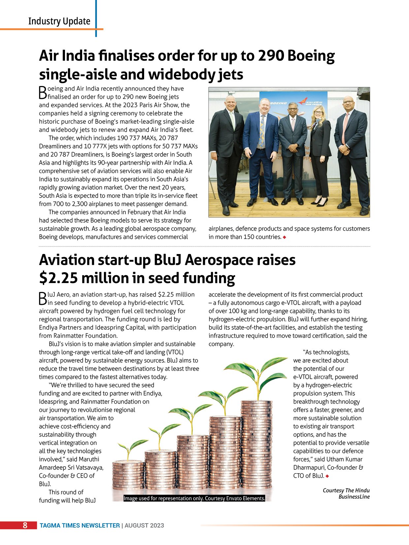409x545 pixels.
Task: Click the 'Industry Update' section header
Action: [59, 21]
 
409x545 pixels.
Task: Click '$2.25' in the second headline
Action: [58, 278]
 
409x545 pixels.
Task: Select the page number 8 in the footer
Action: [25, 525]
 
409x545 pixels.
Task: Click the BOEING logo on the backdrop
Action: [279, 103]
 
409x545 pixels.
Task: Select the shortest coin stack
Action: [128, 474]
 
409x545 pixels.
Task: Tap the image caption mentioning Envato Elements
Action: [194, 498]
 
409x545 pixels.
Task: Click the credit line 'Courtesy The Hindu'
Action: [346, 490]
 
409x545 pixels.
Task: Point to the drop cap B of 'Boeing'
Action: [43, 93]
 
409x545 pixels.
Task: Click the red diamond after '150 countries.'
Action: [284, 237]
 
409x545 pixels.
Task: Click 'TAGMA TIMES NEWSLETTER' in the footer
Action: [79, 526]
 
